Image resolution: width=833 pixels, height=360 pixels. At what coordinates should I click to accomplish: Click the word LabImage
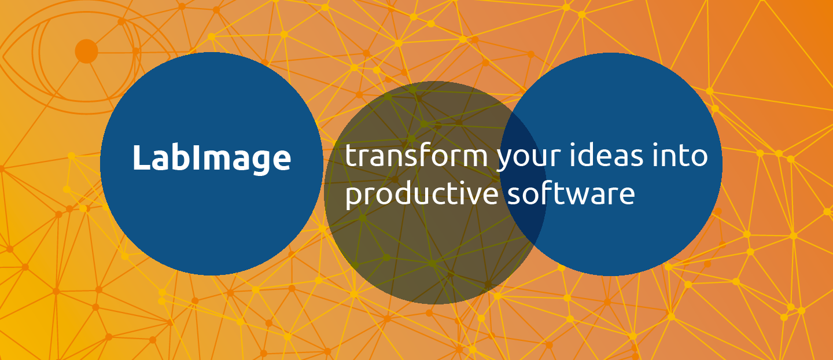point(212,159)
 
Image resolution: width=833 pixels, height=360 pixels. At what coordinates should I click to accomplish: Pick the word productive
point(422,194)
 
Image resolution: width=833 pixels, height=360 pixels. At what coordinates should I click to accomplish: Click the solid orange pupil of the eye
point(86,52)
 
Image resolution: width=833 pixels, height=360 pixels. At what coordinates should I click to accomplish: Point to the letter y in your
point(506,161)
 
